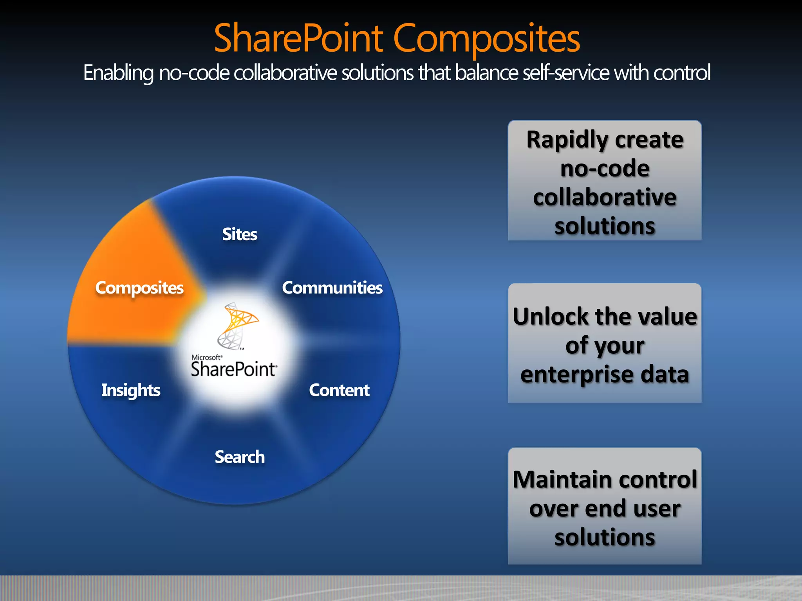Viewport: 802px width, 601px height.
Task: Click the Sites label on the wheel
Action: coord(240,234)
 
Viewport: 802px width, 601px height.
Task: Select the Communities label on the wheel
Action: coord(332,288)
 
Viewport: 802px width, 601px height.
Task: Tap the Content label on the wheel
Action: coord(339,390)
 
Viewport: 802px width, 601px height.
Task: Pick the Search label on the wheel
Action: coord(240,457)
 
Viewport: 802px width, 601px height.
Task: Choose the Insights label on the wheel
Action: coord(131,390)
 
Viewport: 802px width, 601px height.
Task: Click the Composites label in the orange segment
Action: coord(139,288)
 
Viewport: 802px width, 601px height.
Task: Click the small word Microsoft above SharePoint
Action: coord(206,357)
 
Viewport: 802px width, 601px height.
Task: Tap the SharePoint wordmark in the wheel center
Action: coord(234,369)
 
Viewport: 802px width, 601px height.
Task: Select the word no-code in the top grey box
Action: coord(605,169)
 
